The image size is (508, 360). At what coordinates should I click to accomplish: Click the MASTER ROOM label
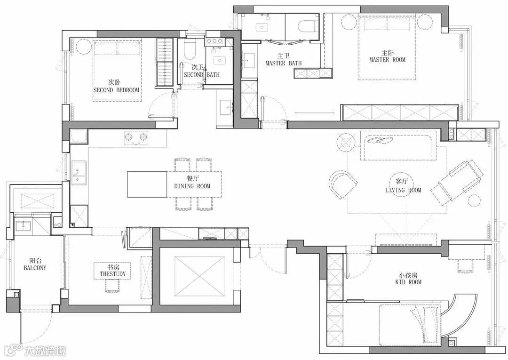click(387, 60)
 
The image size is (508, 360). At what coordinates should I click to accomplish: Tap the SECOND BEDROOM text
click(116, 90)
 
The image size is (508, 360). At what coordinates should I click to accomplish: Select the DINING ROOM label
click(192, 186)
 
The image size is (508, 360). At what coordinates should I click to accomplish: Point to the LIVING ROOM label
click(403, 190)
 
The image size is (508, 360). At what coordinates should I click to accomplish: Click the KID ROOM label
click(408, 282)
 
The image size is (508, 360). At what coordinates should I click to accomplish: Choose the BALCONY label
click(35, 268)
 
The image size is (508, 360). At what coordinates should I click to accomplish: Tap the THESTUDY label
click(113, 274)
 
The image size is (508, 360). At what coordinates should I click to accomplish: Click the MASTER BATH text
click(284, 63)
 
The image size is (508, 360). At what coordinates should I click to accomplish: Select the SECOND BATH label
click(201, 74)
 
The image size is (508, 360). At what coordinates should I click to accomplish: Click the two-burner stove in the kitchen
click(136, 137)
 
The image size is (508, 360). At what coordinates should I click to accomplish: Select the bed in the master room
click(387, 48)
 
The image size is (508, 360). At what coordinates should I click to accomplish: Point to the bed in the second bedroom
click(117, 71)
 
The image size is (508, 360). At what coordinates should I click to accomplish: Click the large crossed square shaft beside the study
click(199, 276)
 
